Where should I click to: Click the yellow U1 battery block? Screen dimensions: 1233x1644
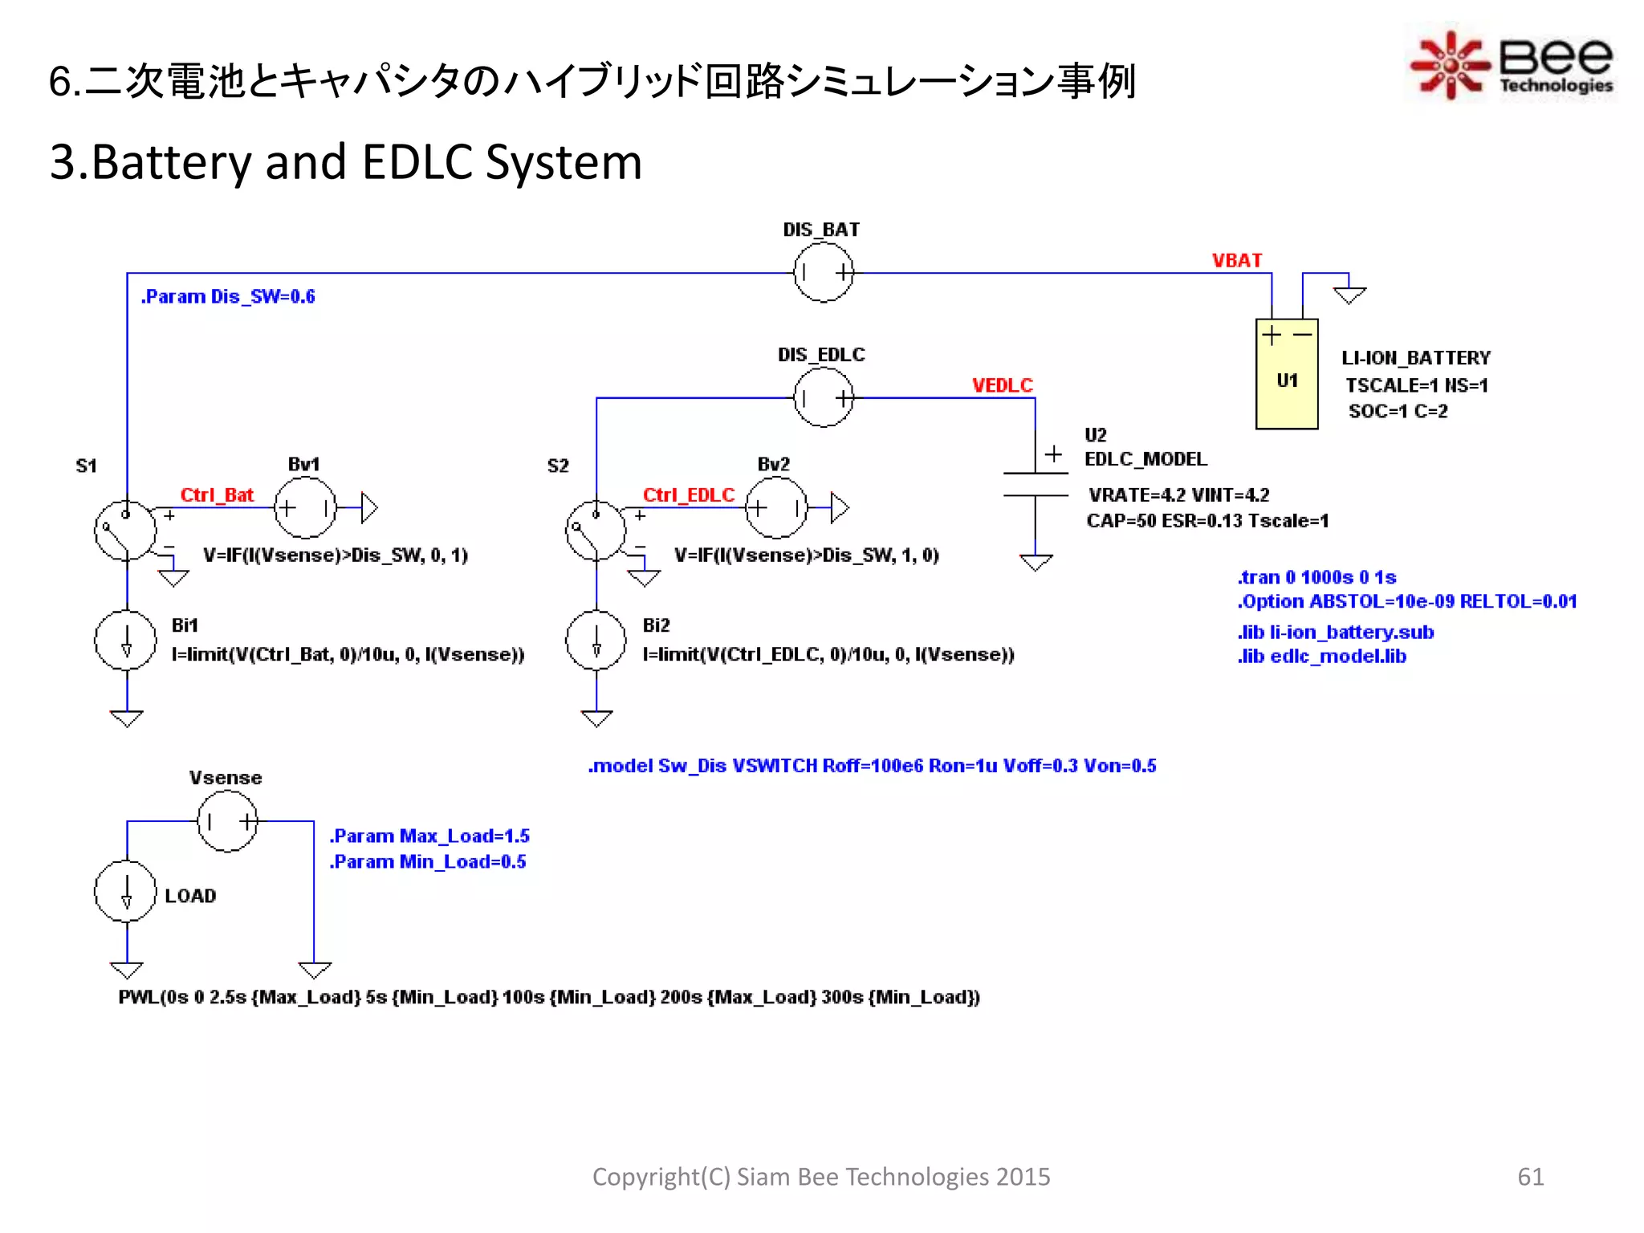[1286, 374]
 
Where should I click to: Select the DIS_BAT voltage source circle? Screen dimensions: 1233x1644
[823, 272]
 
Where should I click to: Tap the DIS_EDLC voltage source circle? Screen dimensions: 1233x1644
[823, 397]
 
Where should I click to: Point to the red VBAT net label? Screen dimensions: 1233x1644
[1236, 261]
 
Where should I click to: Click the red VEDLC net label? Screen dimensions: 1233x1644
[1002, 385]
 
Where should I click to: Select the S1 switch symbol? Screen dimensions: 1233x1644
[125, 531]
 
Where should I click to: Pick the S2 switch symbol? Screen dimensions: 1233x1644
[596, 531]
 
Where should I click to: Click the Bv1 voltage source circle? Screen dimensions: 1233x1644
[305, 507]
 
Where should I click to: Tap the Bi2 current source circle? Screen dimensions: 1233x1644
[596, 641]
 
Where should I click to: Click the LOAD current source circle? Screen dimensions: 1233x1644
[125, 891]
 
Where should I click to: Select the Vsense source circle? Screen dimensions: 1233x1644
[228, 820]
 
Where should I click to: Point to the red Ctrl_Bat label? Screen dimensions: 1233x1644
[217, 494]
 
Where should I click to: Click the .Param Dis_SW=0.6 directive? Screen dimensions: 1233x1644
[228, 297]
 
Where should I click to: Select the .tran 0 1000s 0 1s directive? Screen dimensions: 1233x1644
[1316, 577]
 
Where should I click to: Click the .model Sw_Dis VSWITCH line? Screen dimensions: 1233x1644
[872, 766]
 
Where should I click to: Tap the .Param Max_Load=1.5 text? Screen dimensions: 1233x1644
[429, 836]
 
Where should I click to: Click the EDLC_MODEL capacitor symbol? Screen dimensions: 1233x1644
[1036, 485]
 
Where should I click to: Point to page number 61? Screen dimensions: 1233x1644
[1530, 1176]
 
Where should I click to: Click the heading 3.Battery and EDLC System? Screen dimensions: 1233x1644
[346, 162]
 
